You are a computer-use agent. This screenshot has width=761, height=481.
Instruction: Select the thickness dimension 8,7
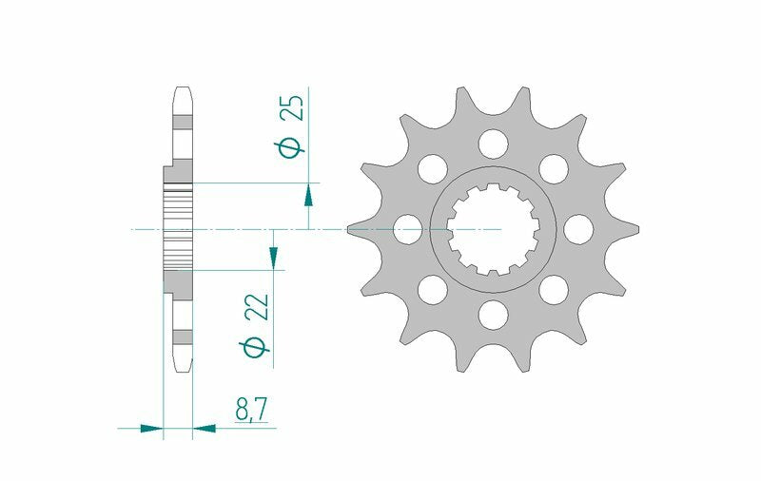point(252,410)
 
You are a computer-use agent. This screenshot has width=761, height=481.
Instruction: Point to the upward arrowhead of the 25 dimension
point(308,196)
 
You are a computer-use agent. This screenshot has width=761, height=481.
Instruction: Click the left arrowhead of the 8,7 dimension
point(152,429)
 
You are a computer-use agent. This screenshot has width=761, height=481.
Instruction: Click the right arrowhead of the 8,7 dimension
point(205,429)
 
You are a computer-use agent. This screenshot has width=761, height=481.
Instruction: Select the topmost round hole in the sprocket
point(493,144)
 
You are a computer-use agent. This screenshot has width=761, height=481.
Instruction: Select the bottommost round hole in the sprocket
point(493,313)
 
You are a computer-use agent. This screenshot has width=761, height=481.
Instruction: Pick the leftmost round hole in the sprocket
point(408,228)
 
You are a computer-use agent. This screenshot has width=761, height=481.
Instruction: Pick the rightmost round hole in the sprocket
point(577,228)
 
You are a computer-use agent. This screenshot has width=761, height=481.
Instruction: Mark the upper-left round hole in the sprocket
point(433,168)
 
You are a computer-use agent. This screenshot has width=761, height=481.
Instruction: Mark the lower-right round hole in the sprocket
point(553,288)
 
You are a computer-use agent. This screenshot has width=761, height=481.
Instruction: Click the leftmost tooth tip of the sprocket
point(350,229)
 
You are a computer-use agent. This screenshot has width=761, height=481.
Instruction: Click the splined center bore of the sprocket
point(493,229)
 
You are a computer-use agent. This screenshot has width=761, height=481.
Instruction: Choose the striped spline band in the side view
point(179,228)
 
